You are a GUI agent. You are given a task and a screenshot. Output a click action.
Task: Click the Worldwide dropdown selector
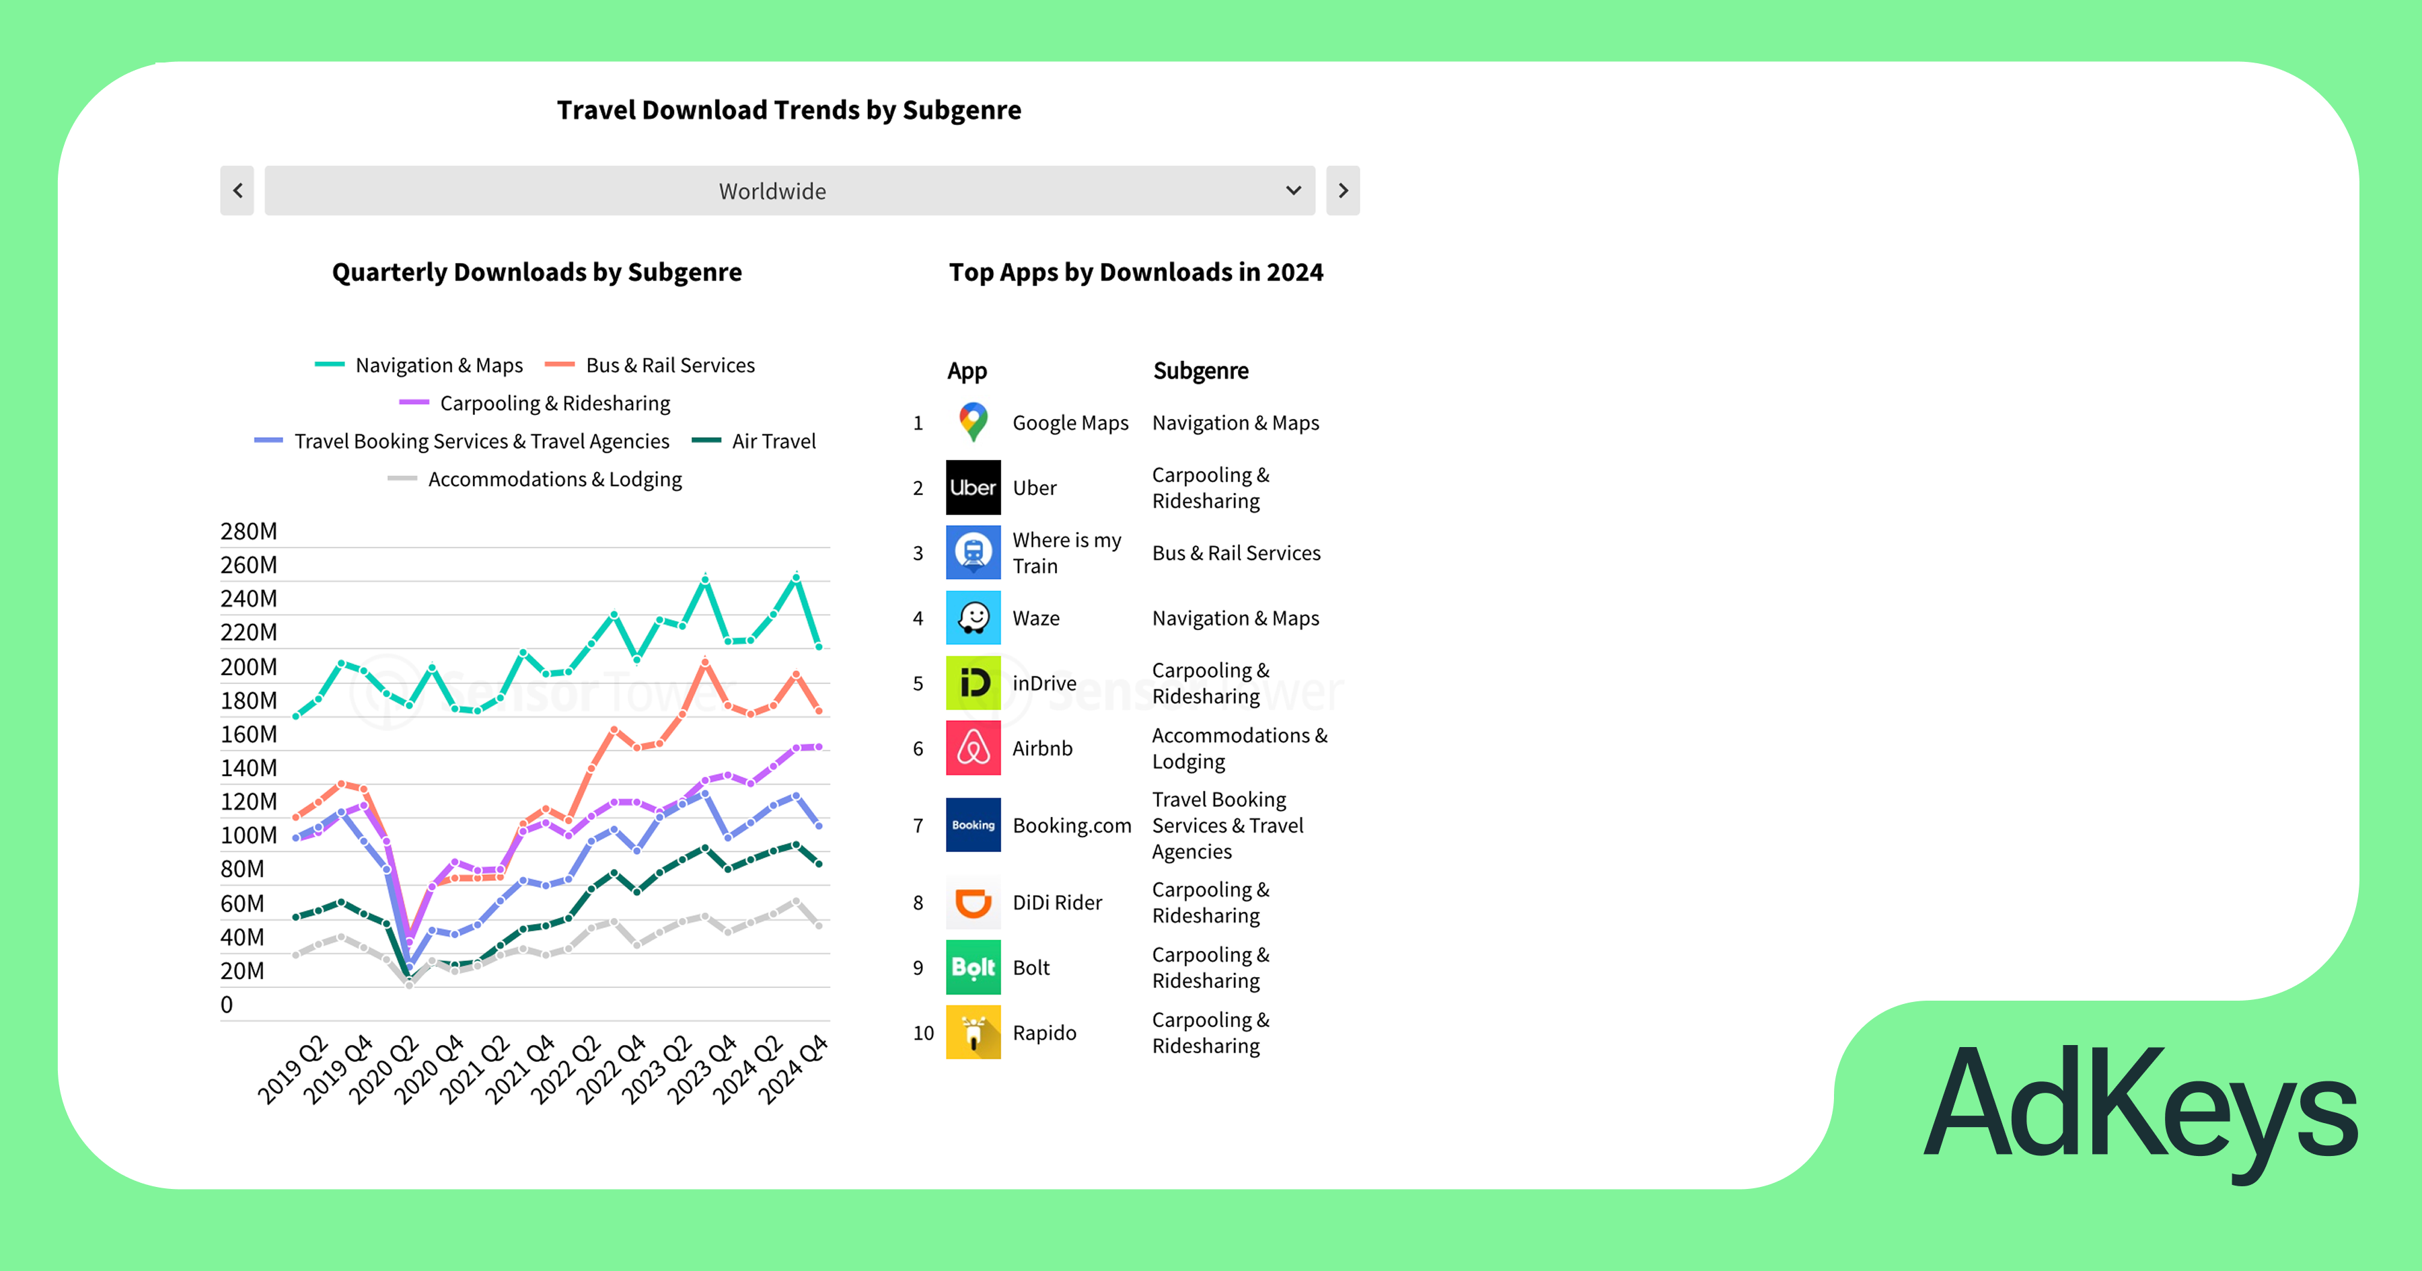789,191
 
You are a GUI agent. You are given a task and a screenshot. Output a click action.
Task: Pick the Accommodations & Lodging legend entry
535,479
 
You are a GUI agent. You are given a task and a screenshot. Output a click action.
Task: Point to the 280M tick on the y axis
248,531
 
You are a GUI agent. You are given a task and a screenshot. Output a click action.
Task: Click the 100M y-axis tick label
248,835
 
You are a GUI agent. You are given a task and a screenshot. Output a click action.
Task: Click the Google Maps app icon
973,422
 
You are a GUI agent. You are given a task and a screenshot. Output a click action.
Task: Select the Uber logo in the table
973,487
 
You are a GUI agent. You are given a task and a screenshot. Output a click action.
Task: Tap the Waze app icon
973,617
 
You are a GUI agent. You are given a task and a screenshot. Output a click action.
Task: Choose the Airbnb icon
973,748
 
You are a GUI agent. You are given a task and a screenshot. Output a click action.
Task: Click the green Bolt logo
973,967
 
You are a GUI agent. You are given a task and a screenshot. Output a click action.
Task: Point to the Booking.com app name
1072,825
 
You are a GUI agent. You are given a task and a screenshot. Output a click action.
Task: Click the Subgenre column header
1201,371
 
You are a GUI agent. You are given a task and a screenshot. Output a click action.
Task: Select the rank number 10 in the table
923,1033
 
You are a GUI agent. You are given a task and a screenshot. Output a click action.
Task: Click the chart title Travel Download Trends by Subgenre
789,110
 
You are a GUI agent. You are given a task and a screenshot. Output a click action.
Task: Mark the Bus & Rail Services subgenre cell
1237,553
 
